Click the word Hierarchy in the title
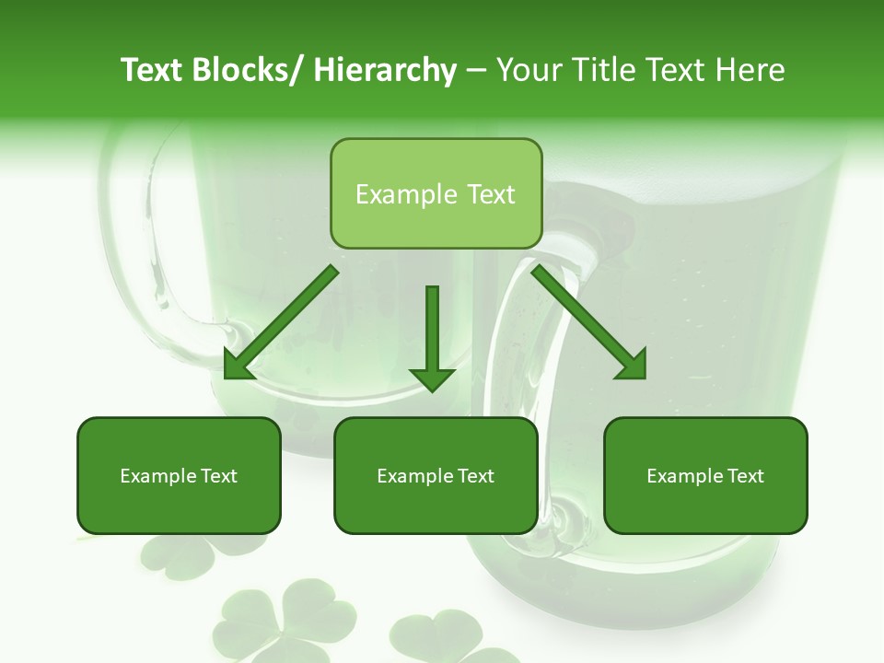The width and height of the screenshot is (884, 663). point(385,71)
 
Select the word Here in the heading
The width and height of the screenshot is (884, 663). point(751,70)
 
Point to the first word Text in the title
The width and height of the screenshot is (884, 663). point(153,70)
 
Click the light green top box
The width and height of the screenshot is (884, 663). point(436,193)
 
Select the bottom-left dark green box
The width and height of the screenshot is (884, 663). point(179,475)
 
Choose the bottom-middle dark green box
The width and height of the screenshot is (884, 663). point(436,475)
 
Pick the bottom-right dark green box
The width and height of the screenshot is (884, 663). point(705,475)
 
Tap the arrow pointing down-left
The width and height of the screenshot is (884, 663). point(281,322)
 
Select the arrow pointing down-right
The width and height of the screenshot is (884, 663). point(589,322)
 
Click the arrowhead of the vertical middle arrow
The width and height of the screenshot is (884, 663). point(432,378)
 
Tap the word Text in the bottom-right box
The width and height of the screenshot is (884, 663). point(746,476)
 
